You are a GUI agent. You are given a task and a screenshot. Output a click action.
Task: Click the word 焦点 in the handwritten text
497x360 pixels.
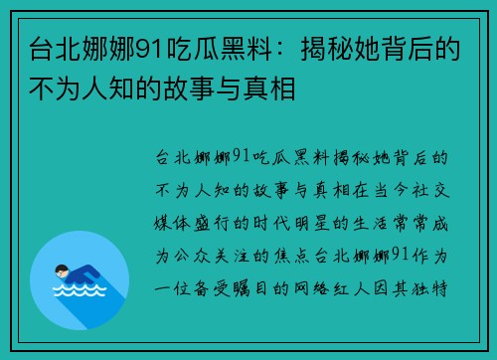308,256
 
